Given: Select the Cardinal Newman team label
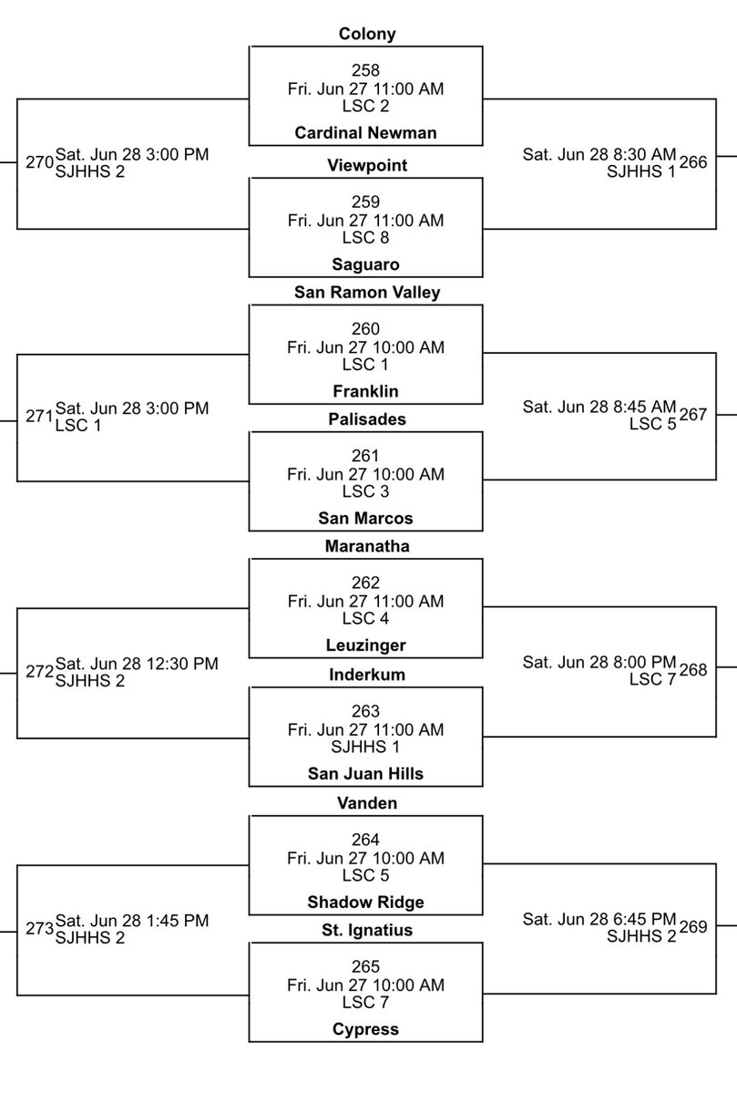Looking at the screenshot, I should pos(365,133).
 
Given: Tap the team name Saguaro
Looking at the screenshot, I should pos(365,264).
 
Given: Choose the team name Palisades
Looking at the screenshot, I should pos(365,419).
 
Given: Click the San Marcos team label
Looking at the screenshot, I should pos(365,518).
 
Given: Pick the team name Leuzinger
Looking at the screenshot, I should pos(365,645).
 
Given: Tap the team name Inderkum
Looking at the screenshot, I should pos(365,675).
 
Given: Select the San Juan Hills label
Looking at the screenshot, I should pos(365,774).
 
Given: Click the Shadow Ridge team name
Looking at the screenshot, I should pos(365,902).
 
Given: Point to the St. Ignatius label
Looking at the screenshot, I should pos(365,930).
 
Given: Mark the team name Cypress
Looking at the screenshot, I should pos(365,1029).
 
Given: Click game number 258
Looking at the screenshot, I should pos(365,70).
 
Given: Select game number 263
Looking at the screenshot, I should pos(365,711).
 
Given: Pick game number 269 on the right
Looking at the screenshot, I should pos(693,928).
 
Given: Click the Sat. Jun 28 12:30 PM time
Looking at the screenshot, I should pos(137,664).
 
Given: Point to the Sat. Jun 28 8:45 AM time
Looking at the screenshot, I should pos(599,407).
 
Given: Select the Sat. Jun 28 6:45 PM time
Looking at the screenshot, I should pos(599,919).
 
